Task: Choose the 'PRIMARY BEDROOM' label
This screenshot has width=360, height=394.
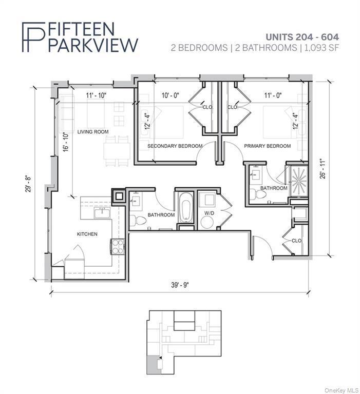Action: [x=267, y=146]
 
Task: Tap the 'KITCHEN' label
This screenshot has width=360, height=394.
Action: [x=87, y=234]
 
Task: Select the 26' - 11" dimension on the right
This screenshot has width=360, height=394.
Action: [x=322, y=170]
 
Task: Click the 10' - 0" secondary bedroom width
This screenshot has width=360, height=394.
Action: [x=170, y=95]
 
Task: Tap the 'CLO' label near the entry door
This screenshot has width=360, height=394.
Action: [x=296, y=240]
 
